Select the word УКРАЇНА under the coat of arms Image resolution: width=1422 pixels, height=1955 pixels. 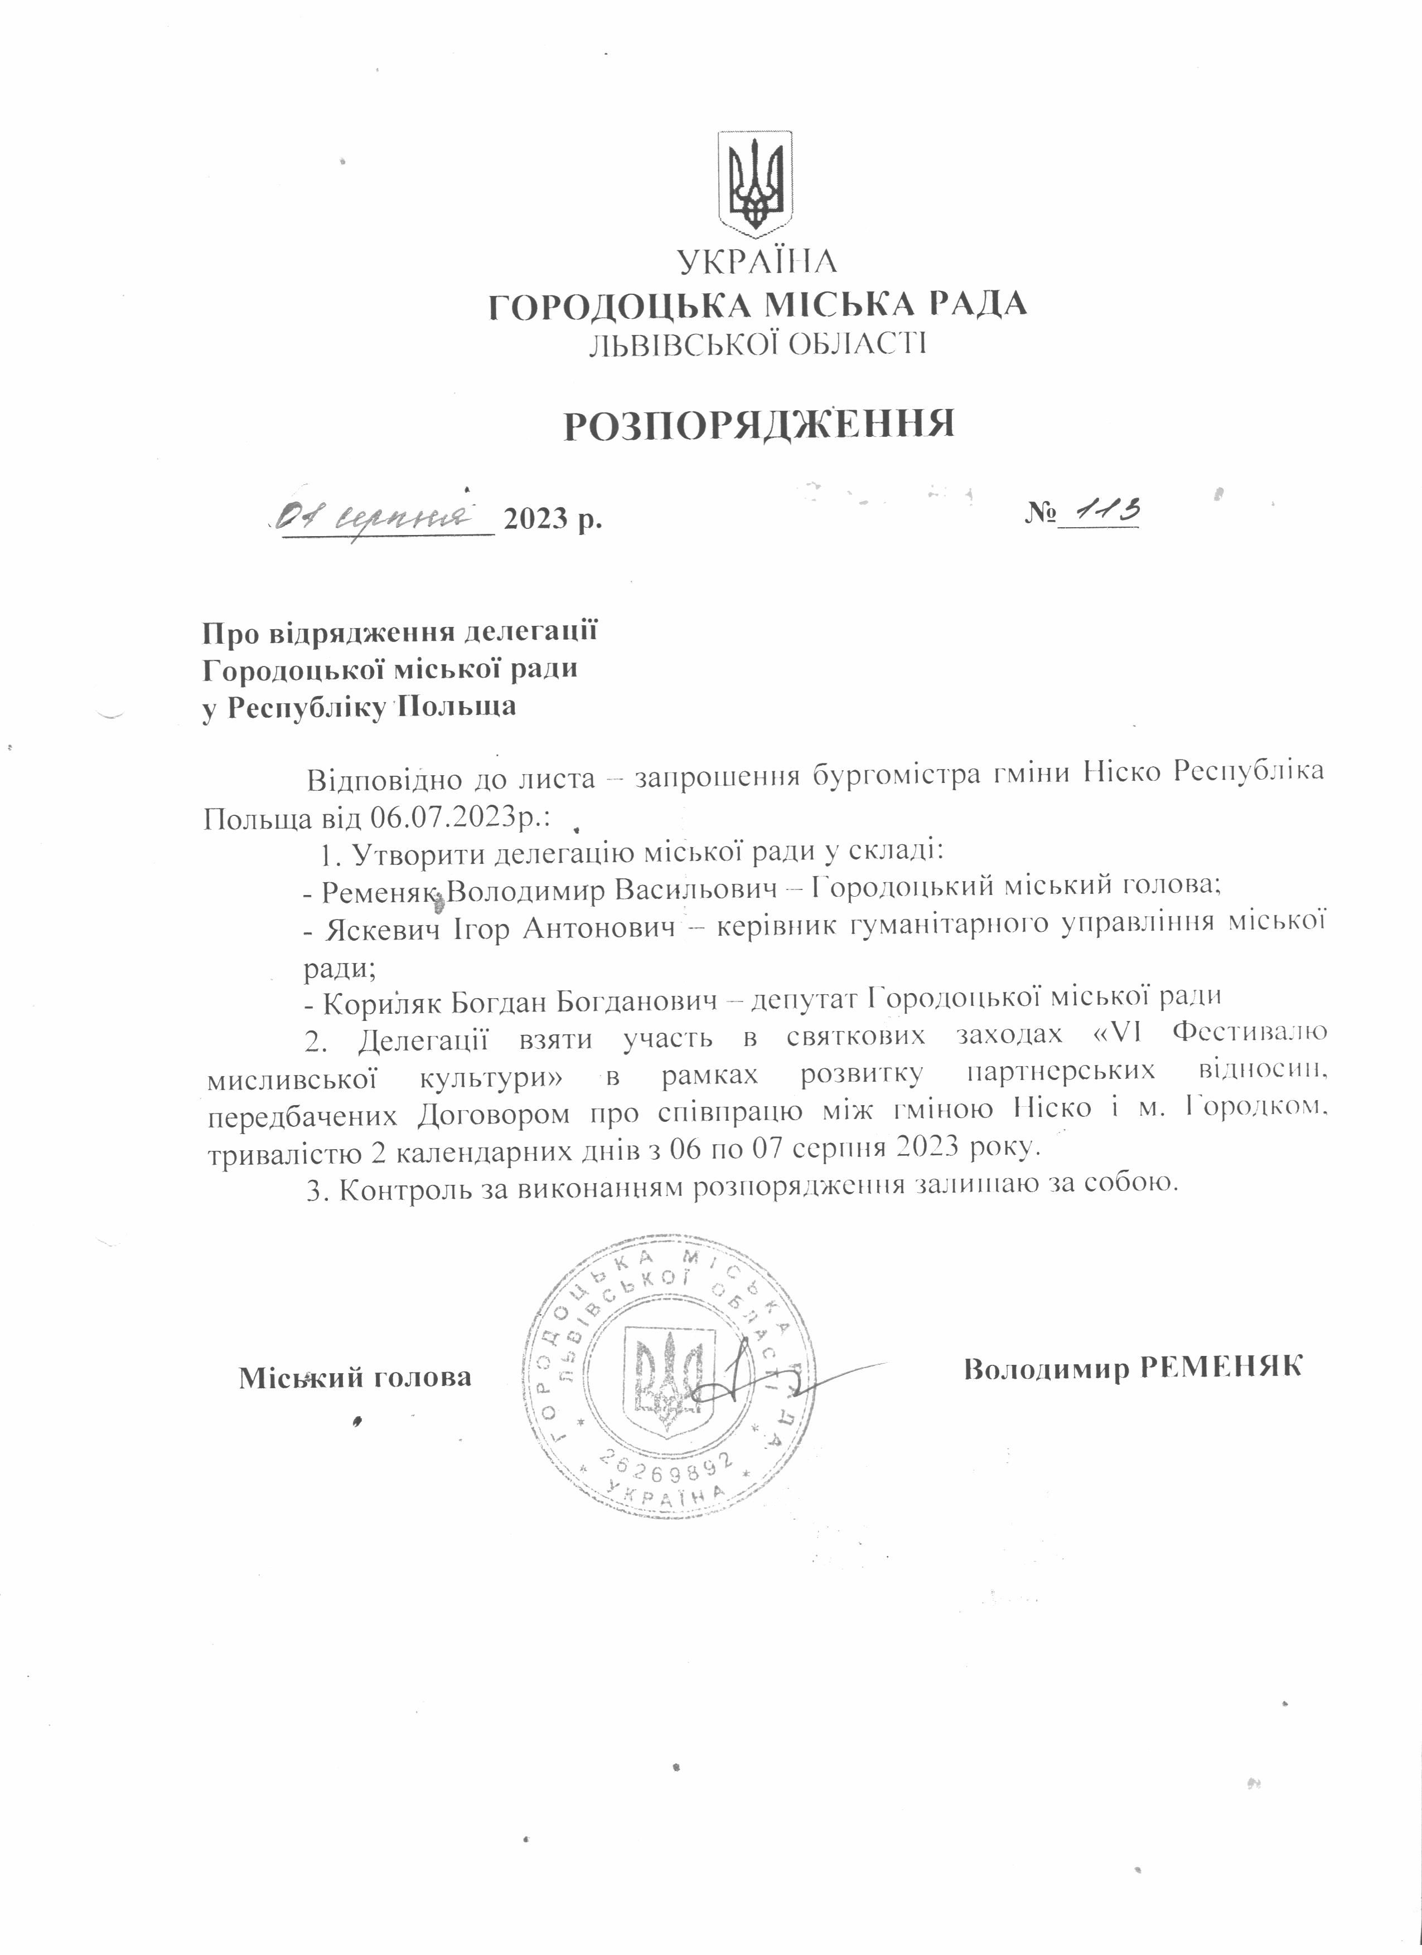tap(756, 262)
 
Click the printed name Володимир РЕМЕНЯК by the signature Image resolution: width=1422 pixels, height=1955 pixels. tap(1132, 1368)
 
